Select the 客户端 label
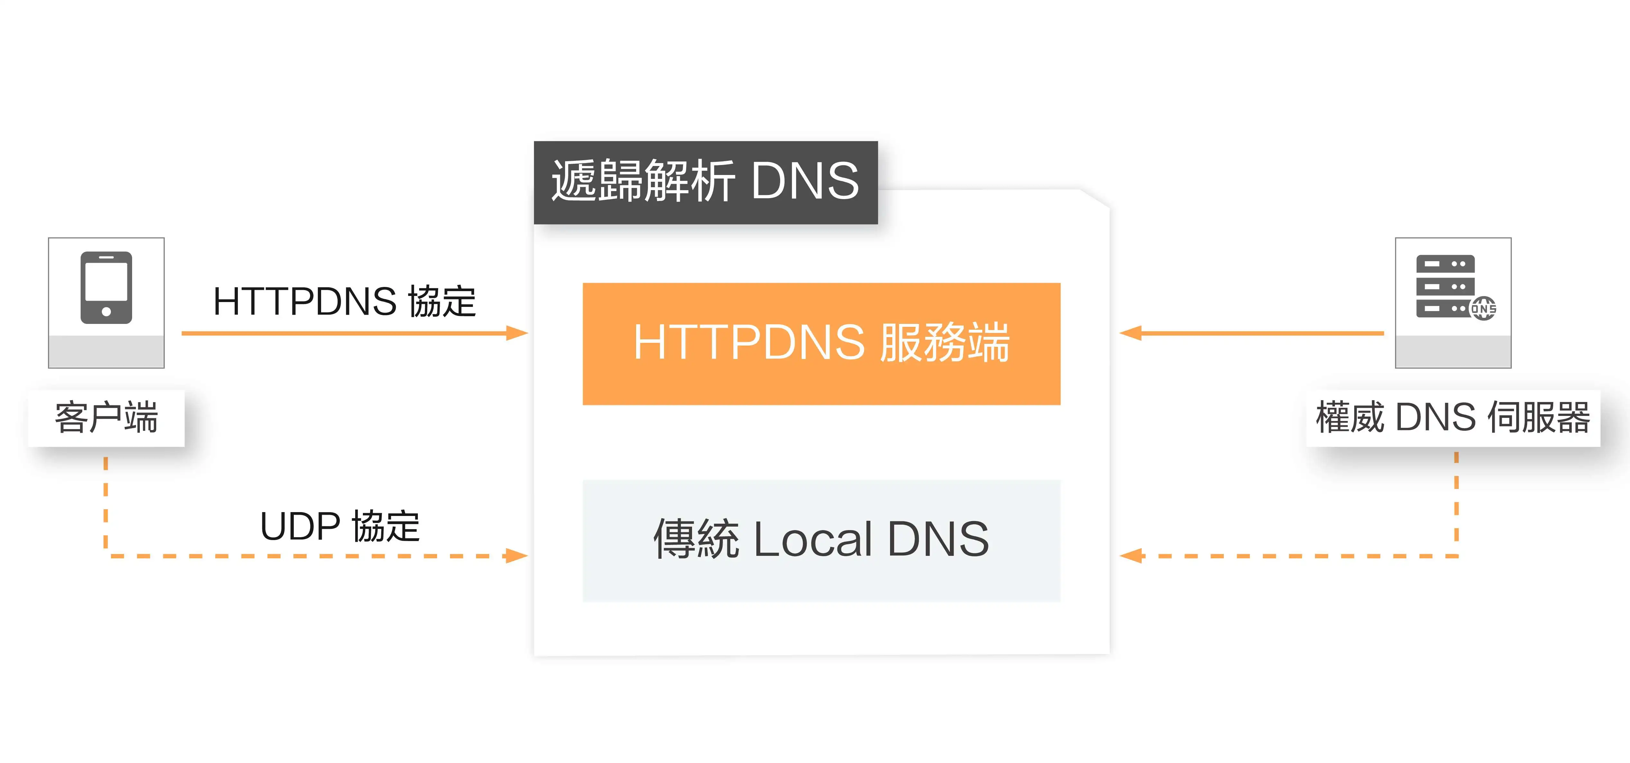click(x=106, y=418)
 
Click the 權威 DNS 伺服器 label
click(x=1453, y=418)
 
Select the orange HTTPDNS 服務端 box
click(x=821, y=344)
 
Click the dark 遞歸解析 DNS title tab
click(x=706, y=182)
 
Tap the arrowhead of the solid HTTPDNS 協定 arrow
click(x=518, y=333)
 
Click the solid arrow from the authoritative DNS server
click(x=1253, y=333)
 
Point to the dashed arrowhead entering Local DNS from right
click(x=1131, y=556)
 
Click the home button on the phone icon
click(x=106, y=311)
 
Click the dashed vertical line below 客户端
click(x=106, y=500)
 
